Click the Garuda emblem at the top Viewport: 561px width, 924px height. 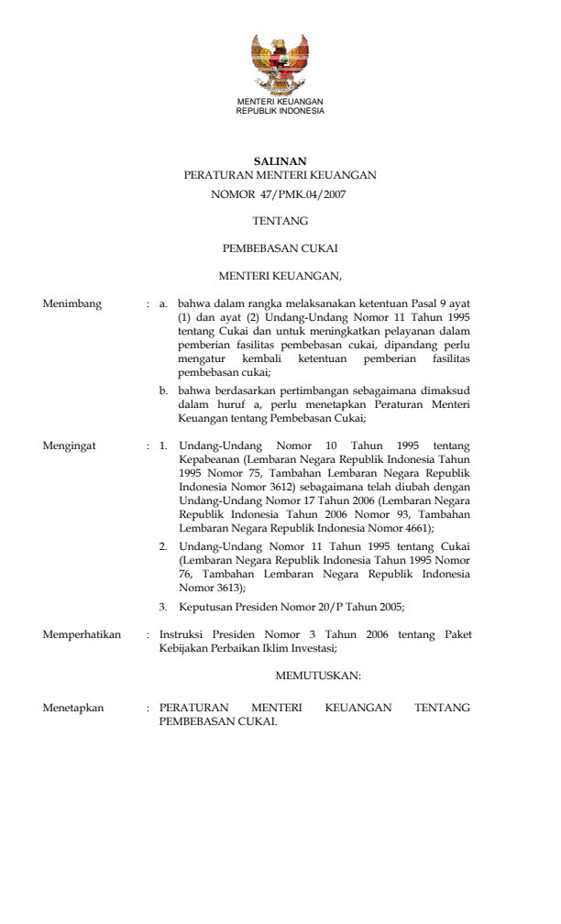pos(280,63)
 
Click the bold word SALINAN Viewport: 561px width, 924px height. pos(280,160)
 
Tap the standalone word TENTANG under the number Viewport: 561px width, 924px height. pos(280,221)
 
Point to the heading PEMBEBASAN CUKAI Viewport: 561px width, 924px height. pos(280,247)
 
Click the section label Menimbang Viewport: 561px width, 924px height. pos(72,302)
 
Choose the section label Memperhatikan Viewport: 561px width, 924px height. pos(82,633)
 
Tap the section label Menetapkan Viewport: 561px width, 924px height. pos(73,708)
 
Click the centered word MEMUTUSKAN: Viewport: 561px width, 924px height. pos(318,676)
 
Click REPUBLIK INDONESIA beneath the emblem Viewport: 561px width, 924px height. pos(280,110)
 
